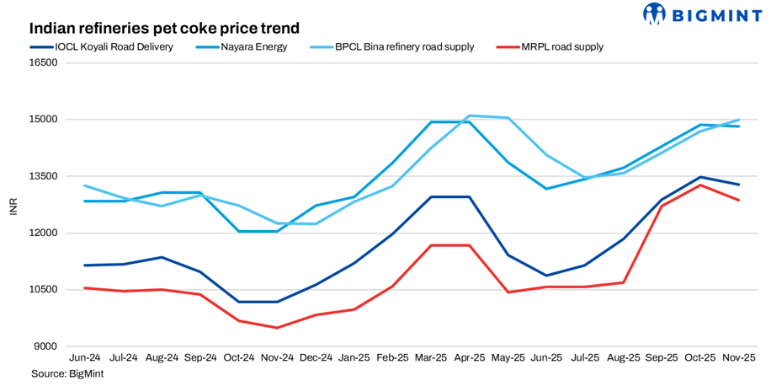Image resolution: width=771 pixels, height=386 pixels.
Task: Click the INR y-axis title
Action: click(x=13, y=205)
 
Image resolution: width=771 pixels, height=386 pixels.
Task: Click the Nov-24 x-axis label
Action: click(x=277, y=358)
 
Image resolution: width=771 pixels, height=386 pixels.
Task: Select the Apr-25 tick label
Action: click(x=469, y=358)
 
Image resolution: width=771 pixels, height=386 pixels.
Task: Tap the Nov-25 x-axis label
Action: click(x=738, y=358)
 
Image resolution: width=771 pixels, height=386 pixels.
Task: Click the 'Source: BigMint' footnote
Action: click(x=67, y=373)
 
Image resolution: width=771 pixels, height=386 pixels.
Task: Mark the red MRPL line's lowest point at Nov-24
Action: click(x=277, y=328)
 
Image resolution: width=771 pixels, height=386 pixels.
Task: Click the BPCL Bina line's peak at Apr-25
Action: click(x=469, y=115)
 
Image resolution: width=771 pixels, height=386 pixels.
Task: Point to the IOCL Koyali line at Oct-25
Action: click(x=700, y=177)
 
